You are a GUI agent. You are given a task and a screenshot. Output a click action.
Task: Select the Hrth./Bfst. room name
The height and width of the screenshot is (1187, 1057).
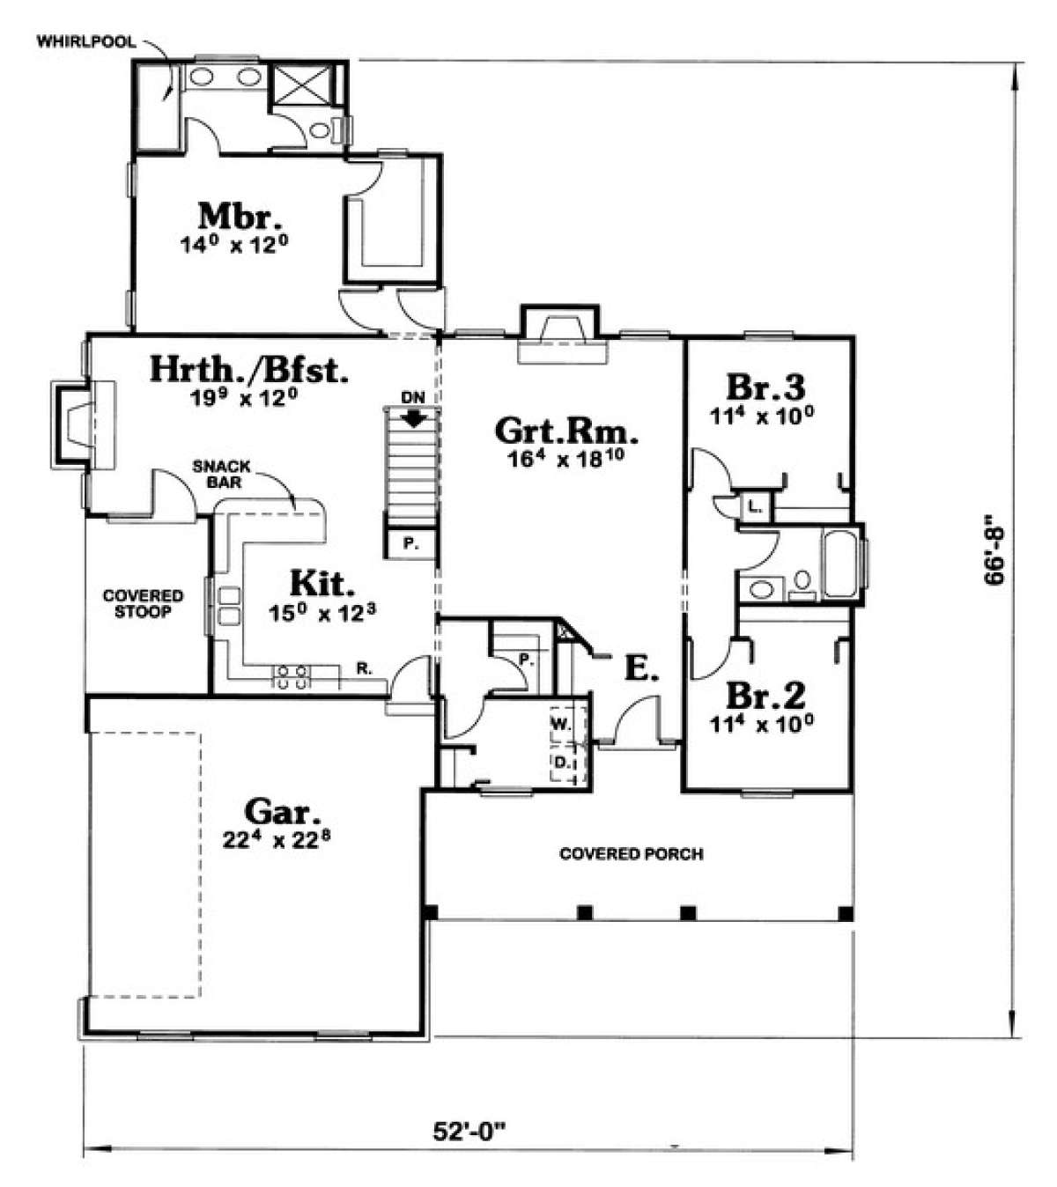(249, 370)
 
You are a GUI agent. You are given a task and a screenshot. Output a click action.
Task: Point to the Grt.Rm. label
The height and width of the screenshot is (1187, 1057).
(566, 431)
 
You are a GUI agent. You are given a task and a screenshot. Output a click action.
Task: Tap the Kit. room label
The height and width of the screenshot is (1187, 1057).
(322, 583)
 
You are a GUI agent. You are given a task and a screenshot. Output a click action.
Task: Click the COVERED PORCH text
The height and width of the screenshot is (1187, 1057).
(632, 853)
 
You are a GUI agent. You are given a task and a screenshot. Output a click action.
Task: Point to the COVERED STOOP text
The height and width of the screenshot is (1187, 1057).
(143, 603)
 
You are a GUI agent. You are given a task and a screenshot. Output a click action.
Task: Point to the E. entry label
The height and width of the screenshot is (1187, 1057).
(640, 668)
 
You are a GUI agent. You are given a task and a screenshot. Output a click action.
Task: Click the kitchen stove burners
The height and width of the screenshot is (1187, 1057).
(292, 676)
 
